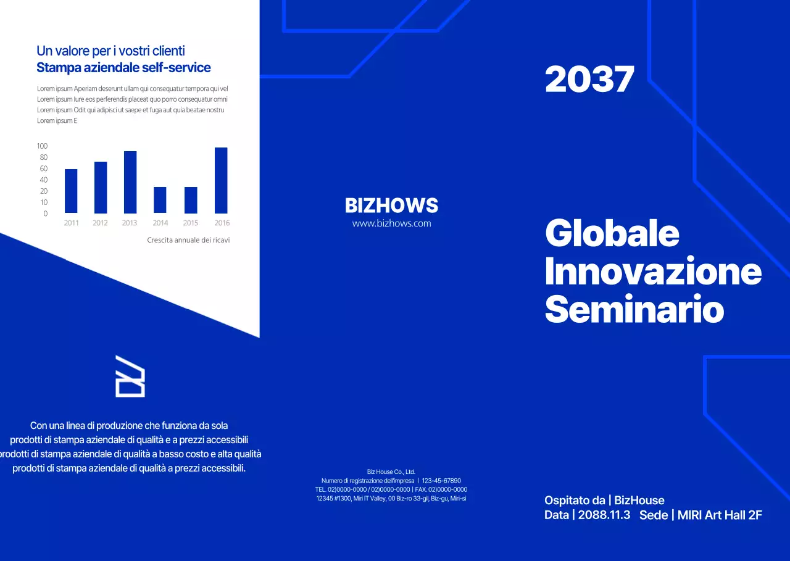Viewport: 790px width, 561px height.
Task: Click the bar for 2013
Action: (130, 182)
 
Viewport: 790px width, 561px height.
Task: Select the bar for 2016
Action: (221, 180)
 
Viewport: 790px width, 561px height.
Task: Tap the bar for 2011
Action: (71, 191)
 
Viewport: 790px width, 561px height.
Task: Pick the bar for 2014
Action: (160, 200)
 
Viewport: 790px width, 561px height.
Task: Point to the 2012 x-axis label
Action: (100, 223)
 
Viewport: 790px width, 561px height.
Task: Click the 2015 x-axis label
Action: (191, 223)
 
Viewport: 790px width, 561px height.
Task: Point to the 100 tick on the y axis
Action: (42, 146)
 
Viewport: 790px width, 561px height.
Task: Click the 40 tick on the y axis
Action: (44, 180)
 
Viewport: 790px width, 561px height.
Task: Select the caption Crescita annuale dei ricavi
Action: (188, 240)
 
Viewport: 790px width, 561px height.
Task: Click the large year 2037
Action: (589, 80)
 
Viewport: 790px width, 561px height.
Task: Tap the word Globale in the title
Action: (612, 233)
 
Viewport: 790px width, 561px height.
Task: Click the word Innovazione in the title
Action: (653, 272)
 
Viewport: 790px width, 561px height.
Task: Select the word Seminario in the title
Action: (634, 310)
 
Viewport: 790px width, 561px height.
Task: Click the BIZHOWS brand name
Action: (391, 206)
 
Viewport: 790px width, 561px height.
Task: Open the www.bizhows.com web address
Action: (391, 223)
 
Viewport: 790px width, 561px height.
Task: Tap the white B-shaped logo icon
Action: (130, 376)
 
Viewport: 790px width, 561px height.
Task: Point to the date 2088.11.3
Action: (604, 515)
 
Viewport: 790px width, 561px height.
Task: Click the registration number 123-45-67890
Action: (441, 481)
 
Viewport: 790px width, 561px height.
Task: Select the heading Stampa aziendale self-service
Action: (124, 68)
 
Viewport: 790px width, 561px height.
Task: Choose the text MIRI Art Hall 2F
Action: (720, 515)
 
